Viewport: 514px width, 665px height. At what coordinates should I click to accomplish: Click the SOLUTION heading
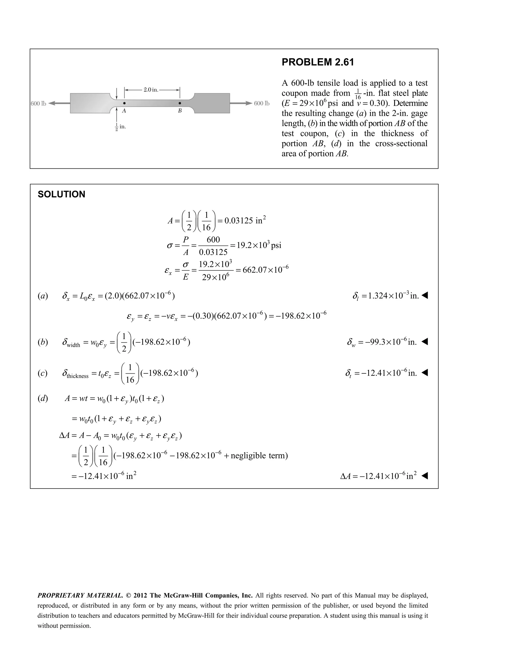click(61, 194)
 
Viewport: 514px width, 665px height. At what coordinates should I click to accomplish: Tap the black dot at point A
click(124, 103)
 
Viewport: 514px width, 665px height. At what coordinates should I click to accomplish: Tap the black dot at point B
click(180, 103)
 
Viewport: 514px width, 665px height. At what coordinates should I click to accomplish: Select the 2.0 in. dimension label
click(151, 90)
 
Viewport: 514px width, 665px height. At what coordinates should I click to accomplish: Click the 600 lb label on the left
click(38, 104)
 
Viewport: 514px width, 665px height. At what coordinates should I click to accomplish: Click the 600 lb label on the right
click(262, 104)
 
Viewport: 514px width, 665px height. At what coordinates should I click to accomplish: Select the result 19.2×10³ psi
click(259, 245)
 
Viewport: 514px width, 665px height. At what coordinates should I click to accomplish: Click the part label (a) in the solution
click(43, 296)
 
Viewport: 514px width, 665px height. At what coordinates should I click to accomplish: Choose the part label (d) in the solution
click(43, 398)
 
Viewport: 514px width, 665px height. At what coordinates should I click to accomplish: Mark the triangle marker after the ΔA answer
click(424, 476)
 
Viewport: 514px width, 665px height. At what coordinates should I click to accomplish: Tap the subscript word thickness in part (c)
click(78, 376)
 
